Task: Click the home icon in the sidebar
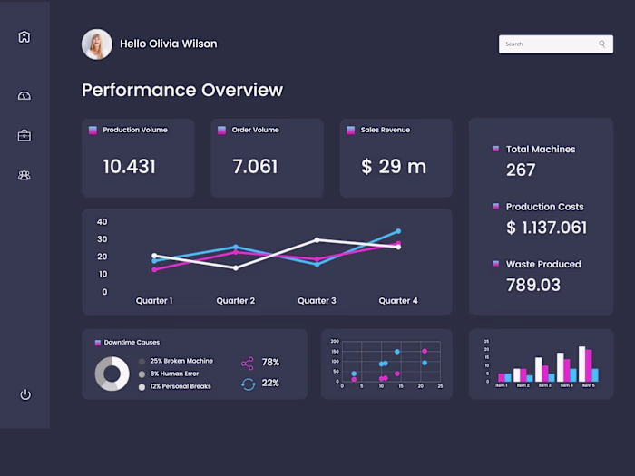click(x=24, y=37)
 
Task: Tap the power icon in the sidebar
click(x=24, y=394)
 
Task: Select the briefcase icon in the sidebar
click(x=24, y=136)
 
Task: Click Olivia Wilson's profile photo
click(x=97, y=44)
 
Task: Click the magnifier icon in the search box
click(x=601, y=44)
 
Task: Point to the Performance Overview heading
click(x=182, y=90)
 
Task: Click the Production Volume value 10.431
click(x=129, y=167)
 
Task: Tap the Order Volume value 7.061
click(x=255, y=167)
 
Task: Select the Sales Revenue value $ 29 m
click(x=394, y=167)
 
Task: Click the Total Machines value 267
click(x=521, y=170)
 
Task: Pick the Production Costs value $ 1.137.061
click(x=546, y=228)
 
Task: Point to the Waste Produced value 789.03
click(x=533, y=286)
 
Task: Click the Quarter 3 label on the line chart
click(x=317, y=301)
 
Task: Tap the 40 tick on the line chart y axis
click(x=102, y=222)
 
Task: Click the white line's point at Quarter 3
click(x=317, y=239)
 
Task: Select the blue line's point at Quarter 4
click(x=398, y=231)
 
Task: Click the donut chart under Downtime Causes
click(x=112, y=374)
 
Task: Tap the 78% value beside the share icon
click(x=270, y=363)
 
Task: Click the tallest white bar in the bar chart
click(x=582, y=364)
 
